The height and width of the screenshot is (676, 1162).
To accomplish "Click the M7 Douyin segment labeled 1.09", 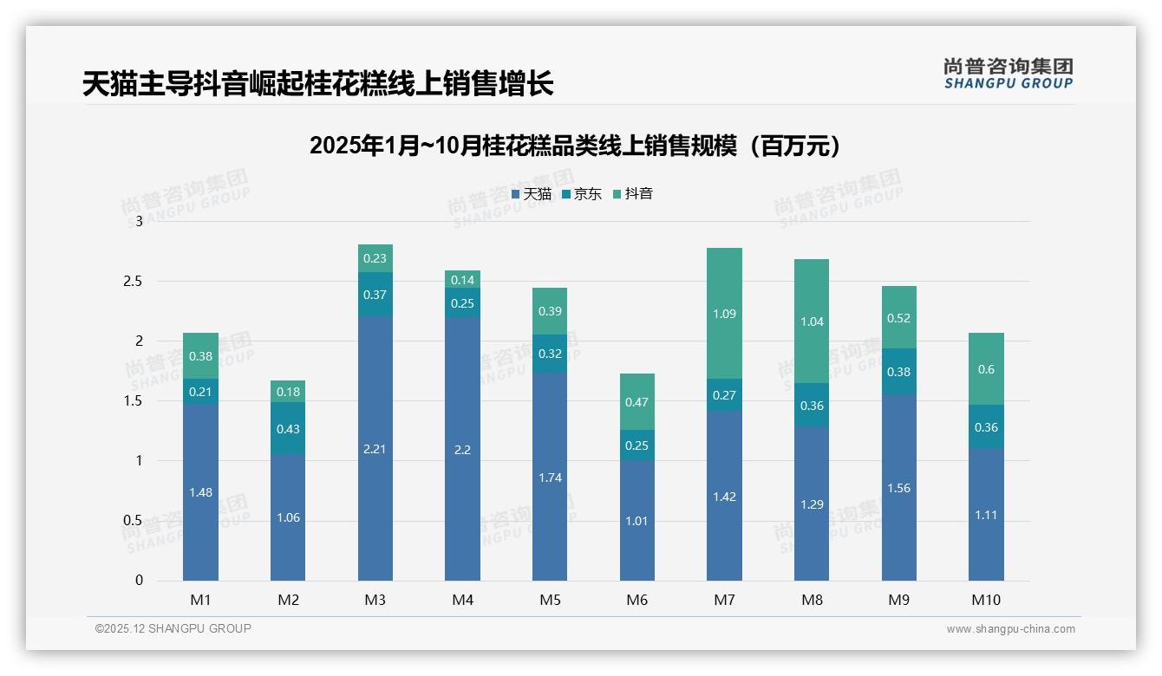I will pos(724,314).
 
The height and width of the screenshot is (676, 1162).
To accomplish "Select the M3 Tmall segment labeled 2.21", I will pos(375,448).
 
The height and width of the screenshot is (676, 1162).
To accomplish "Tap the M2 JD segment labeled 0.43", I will pos(287,429).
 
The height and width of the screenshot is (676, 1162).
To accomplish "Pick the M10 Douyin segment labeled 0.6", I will pos(986,369).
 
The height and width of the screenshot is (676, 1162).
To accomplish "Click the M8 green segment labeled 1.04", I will pos(812,322).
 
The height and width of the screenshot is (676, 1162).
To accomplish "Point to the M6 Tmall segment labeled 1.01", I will pos(636,521).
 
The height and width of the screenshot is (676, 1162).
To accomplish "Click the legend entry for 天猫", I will pos(532,194).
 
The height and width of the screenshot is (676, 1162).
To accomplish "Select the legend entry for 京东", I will pos(582,194).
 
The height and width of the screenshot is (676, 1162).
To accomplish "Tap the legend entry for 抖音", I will pos(633,194).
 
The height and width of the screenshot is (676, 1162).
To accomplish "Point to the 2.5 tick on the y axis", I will pos(133,281).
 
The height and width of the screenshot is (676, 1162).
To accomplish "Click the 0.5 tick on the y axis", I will pos(133,520).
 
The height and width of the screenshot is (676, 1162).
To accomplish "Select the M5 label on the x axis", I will pos(550,600).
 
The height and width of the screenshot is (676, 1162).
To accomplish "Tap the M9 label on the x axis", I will pos(898,600).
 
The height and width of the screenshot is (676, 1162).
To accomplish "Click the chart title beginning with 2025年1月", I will pos(576,146).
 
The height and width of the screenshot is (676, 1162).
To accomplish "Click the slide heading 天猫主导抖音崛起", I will pos(317,84).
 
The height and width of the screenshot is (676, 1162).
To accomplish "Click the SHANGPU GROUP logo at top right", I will pos(1008,74).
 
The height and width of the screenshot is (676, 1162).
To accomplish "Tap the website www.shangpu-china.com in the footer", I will pos(1010,629).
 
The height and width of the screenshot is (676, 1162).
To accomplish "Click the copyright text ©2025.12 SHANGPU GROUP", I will pos(173,628).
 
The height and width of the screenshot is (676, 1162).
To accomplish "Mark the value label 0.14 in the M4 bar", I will pos(462,280).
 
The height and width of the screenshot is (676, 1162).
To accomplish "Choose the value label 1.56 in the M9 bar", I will pos(898,488).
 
